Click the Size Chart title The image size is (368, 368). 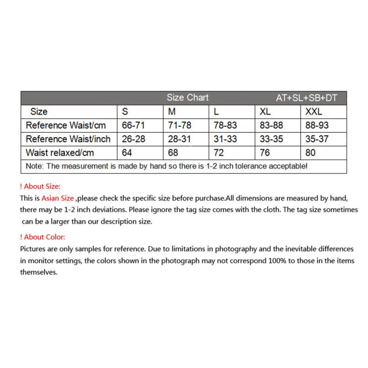coord(187,98)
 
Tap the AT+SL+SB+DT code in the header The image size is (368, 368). coord(306,98)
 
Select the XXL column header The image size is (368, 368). coord(314,112)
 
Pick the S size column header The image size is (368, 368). coord(125,112)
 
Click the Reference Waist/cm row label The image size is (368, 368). coord(66,125)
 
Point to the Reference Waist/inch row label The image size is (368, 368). coord(68,139)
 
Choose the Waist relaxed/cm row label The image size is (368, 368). coord(60,153)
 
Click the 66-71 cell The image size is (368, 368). coord(133,125)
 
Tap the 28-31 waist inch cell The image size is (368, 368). coord(180,139)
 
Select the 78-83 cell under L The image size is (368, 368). coord(225,125)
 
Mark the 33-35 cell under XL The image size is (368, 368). coord(271,139)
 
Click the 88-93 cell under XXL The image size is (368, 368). coord(317,125)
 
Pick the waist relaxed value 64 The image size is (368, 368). coord(127,153)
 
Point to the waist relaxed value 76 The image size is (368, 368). coord(265,153)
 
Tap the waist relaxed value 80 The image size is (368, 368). coord(310,153)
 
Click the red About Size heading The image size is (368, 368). coord(40,186)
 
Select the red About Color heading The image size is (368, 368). coord(42,237)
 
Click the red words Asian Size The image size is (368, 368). coord(57,198)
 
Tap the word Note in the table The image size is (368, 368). coord(34,166)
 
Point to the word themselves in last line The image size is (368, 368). coord(39,273)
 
